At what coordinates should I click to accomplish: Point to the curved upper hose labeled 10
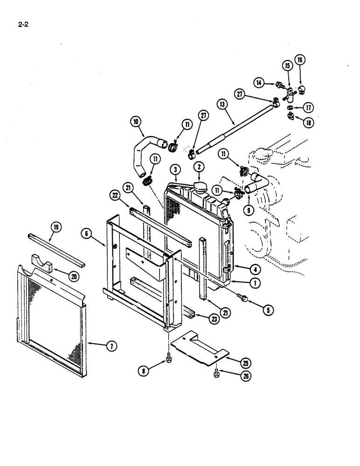point(140,154)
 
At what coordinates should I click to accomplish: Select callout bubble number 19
point(55,228)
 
